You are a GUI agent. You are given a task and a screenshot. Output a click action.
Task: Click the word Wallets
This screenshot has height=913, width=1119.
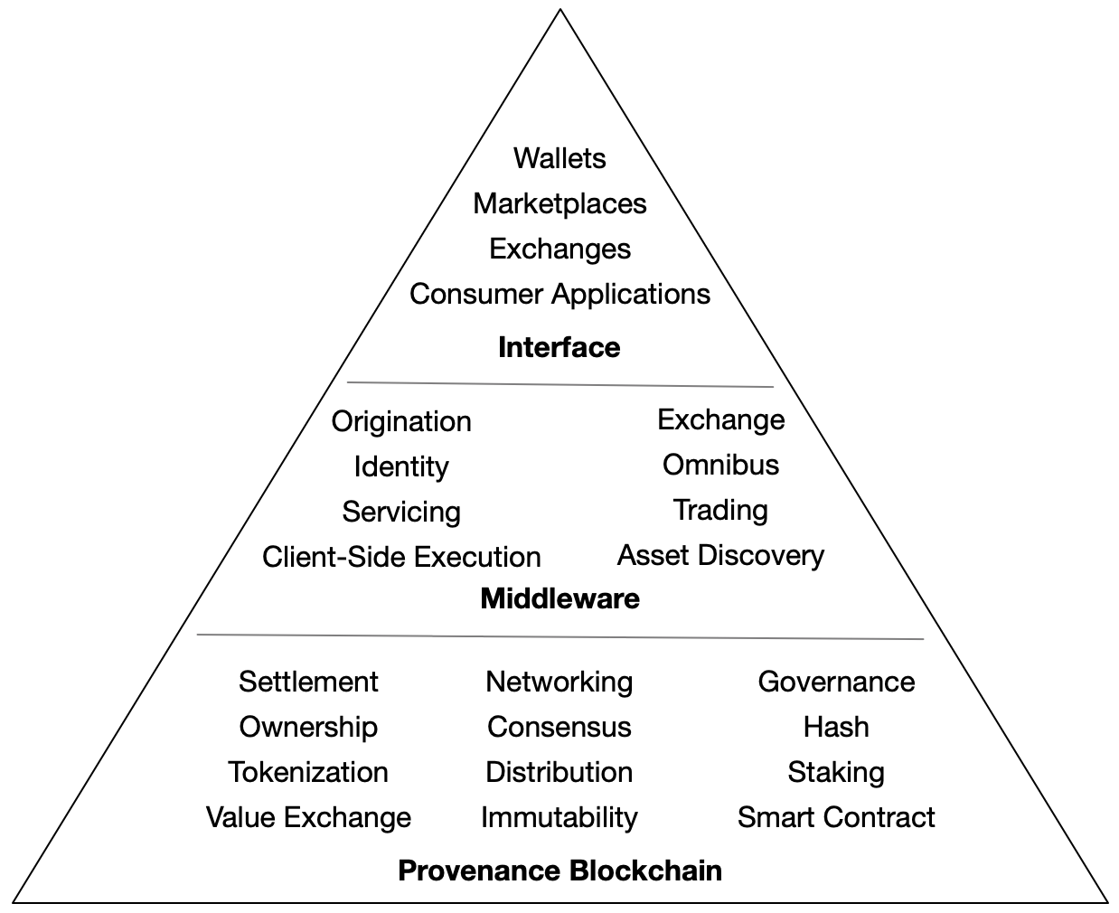(x=559, y=158)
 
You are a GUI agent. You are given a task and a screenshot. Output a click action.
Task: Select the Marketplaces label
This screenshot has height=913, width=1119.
(x=559, y=203)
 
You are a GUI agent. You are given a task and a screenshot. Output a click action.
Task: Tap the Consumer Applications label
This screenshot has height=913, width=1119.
(x=559, y=294)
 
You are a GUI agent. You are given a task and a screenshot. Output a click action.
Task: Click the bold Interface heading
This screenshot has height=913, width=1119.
(x=559, y=347)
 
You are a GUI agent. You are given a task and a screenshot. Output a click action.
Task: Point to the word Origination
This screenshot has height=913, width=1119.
(x=401, y=421)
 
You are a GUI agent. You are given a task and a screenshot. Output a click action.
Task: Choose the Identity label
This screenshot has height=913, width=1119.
(x=401, y=466)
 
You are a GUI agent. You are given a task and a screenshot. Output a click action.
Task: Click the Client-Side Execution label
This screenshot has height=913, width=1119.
(x=401, y=557)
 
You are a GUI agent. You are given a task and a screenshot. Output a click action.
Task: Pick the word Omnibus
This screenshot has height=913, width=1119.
(x=720, y=465)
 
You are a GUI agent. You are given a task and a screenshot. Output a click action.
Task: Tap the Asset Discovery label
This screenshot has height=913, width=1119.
(x=720, y=555)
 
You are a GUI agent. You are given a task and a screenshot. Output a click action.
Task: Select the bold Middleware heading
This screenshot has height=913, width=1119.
(x=559, y=598)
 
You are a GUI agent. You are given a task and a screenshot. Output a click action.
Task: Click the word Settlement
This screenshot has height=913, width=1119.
(x=308, y=682)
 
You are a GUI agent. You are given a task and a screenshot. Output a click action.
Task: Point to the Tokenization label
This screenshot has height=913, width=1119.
(x=308, y=772)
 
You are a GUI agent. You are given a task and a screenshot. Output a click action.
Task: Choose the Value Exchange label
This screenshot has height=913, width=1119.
(x=308, y=817)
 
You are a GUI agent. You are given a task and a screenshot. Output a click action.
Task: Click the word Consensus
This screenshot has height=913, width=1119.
(x=559, y=727)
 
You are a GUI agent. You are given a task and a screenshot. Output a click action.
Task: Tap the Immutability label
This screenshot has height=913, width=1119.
(x=559, y=817)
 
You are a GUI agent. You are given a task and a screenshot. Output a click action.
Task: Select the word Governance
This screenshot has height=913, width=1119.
(x=836, y=682)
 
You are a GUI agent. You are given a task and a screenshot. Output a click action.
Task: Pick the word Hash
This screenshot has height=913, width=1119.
(x=836, y=727)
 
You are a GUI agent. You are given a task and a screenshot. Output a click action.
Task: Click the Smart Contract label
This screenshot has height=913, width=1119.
(x=836, y=817)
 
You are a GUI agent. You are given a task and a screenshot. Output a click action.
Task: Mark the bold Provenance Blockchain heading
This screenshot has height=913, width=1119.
(x=559, y=871)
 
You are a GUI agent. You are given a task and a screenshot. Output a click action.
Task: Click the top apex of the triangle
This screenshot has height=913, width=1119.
(x=560, y=11)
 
